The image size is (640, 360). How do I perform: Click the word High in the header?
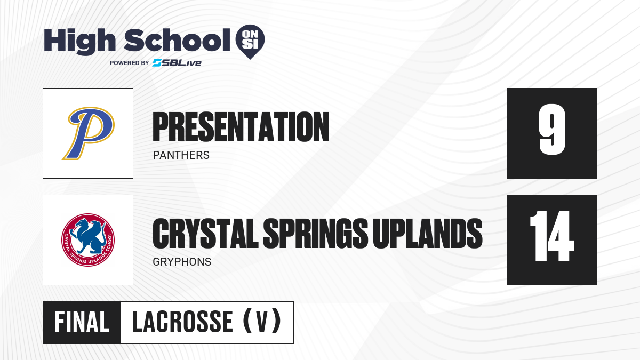79,41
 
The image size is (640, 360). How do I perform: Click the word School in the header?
177,40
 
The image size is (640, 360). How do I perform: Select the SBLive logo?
177,63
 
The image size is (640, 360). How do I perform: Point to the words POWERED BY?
130,63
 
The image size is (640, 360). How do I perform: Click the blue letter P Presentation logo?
89,133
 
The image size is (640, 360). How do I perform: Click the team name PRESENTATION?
241,127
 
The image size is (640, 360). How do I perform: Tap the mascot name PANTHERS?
181,155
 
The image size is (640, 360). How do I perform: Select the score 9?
552,130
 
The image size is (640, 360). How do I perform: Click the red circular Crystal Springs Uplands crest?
88,239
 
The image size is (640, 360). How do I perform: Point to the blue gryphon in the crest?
87,236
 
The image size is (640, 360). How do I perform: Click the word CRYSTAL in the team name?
205,234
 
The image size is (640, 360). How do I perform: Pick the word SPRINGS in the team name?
315,234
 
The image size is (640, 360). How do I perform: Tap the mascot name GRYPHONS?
182,262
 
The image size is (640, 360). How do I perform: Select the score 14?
551,236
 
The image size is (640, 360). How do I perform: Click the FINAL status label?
82,322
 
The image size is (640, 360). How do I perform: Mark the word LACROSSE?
183,322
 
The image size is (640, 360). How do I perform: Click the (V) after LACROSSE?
262,321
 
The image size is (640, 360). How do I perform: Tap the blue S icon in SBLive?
157,63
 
